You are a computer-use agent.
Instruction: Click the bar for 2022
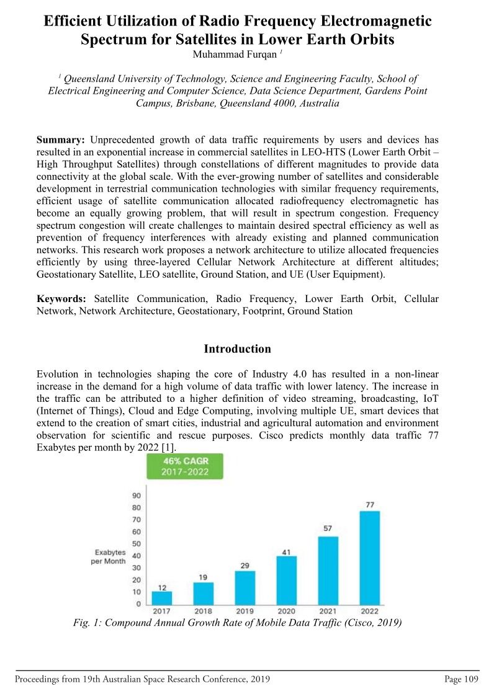370,558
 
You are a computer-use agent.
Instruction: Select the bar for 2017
162,598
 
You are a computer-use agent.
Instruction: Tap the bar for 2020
287,581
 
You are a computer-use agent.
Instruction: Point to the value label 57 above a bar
328,528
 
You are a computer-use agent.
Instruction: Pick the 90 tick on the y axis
136,495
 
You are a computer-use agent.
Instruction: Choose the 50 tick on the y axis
136,544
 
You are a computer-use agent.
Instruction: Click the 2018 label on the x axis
203,612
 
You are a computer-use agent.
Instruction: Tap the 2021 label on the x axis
328,612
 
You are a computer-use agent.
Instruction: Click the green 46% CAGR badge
186,466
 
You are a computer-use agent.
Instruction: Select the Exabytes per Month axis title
110,556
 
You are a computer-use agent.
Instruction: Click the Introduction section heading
237,349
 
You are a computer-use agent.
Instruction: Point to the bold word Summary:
61,139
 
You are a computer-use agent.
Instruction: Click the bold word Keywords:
63,299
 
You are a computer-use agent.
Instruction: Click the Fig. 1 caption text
238,623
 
